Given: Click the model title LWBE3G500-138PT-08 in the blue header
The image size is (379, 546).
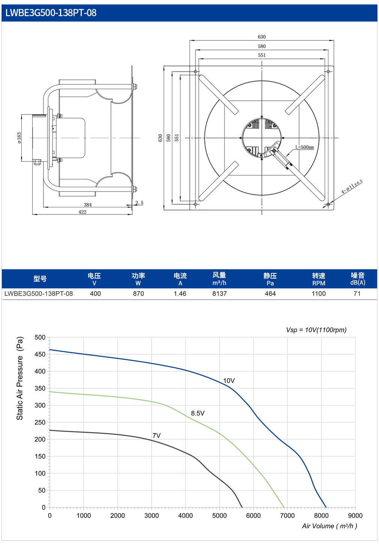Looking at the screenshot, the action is pyautogui.click(x=51, y=13).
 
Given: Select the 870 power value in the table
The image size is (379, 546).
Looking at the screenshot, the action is pyautogui.click(x=138, y=294).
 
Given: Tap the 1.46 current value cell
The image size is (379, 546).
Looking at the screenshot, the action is pyautogui.click(x=180, y=294).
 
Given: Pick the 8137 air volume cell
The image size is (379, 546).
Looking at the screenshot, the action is pyautogui.click(x=220, y=294).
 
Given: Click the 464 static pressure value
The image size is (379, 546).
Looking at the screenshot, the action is pyautogui.click(x=270, y=294).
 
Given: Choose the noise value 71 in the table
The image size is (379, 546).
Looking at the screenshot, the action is pyautogui.click(x=357, y=294).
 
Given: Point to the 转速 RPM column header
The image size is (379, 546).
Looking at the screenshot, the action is pyautogui.click(x=319, y=279).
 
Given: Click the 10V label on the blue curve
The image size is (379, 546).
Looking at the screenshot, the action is pyautogui.click(x=229, y=381).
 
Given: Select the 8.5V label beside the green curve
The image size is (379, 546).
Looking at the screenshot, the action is pyautogui.click(x=198, y=413).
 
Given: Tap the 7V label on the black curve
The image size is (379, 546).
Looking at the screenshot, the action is pyautogui.click(x=156, y=435).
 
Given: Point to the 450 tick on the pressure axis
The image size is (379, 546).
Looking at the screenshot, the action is pyautogui.click(x=40, y=354).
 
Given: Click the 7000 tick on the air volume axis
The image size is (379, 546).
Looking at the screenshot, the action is pyautogui.click(x=287, y=516).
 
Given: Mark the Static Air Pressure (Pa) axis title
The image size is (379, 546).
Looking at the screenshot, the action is pyautogui.click(x=20, y=378).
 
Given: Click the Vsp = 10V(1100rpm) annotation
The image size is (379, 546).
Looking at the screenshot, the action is pyautogui.click(x=316, y=330).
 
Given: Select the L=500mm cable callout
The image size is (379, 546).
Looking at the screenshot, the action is pyautogui.click(x=305, y=147).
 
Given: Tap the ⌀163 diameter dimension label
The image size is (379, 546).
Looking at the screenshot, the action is pyautogui.click(x=19, y=138).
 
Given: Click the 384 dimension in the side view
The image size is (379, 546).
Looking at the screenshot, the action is pyautogui.click(x=88, y=205).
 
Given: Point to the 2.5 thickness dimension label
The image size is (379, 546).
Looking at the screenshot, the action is pyautogui.click(x=140, y=203).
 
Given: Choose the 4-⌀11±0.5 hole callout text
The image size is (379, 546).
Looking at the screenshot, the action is pyautogui.click(x=352, y=187).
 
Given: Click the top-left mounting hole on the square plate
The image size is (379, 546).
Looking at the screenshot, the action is pyautogui.click(x=196, y=72).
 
